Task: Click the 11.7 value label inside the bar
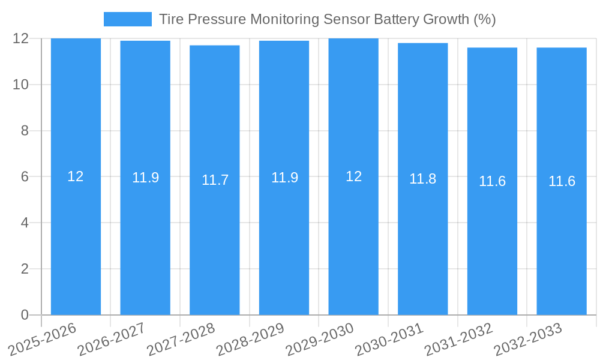pos(215,180)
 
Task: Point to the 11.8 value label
pos(423,179)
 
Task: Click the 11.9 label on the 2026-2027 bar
pos(145,178)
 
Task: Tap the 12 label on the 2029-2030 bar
pos(353,176)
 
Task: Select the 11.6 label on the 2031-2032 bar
pos(492,181)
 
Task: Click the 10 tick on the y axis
pos(21,85)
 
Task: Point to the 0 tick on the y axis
pos(25,315)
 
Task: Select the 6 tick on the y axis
pos(25,176)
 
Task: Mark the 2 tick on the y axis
pos(25,269)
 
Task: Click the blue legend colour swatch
pos(128,19)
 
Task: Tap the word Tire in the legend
pos(172,19)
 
